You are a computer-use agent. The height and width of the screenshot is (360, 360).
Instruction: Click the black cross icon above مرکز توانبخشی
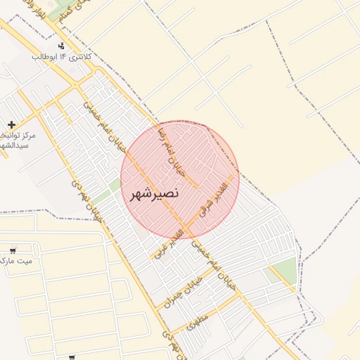[12, 124]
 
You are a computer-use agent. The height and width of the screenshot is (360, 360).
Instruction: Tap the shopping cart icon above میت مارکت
[12, 250]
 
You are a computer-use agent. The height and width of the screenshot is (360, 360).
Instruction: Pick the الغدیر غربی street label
[167, 241]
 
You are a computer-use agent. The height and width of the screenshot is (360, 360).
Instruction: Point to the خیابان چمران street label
[184, 289]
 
